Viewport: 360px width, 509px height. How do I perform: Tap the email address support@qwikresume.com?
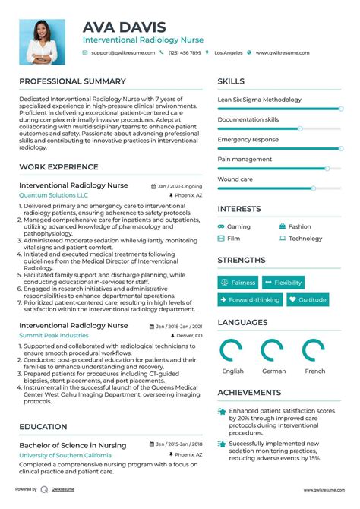tap(123, 53)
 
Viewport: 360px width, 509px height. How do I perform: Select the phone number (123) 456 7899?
tap(185, 53)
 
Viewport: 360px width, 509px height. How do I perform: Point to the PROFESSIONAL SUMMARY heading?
tap(72, 81)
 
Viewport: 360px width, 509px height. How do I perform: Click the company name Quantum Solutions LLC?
tap(53, 195)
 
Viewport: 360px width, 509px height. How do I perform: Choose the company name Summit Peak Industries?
tap(54, 335)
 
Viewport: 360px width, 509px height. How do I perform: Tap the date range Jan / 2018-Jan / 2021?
tap(180, 325)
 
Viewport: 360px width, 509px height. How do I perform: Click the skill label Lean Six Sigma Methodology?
tap(259, 100)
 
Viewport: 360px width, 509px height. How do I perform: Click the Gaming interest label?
tap(238, 226)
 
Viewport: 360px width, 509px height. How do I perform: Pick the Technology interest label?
tap(305, 239)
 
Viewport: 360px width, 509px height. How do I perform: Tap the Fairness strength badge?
tap(238, 283)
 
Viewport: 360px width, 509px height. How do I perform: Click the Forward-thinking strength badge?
tap(250, 299)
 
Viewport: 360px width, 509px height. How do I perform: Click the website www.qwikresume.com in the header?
tap(283, 53)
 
